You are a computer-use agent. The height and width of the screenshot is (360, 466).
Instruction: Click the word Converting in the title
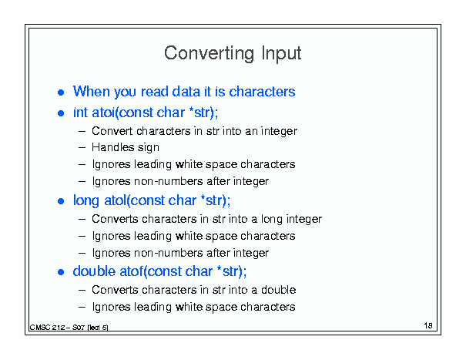click(x=210, y=53)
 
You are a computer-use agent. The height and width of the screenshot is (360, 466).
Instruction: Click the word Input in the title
click(x=281, y=54)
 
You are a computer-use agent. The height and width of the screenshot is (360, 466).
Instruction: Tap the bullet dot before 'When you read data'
click(x=61, y=93)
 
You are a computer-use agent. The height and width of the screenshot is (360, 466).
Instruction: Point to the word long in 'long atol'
click(x=86, y=200)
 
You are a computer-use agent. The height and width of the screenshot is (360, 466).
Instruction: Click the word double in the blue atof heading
click(x=94, y=271)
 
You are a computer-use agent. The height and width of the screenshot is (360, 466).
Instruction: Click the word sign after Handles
click(x=148, y=148)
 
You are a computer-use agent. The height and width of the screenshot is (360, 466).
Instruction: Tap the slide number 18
click(x=428, y=325)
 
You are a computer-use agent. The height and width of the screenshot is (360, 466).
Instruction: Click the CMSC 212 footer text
click(x=69, y=328)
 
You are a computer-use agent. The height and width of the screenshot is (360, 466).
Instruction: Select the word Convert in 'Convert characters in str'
click(x=112, y=131)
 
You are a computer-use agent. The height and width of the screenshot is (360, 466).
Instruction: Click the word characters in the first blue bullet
click(x=262, y=91)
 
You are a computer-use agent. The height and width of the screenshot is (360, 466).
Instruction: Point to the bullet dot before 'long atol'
click(x=61, y=201)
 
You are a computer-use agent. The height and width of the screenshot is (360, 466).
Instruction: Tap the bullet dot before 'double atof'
click(x=61, y=272)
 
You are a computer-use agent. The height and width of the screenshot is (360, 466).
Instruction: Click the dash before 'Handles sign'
click(x=82, y=147)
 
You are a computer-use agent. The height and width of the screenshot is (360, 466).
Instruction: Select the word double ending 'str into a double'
click(x=279, y=290)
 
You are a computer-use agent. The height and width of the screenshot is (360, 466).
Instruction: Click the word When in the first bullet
click(x=92, y=91)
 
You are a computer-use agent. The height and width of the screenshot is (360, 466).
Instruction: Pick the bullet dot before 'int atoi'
click(x=61, y=113)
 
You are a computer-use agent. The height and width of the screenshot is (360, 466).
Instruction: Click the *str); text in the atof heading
click(x=232, y=271)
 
